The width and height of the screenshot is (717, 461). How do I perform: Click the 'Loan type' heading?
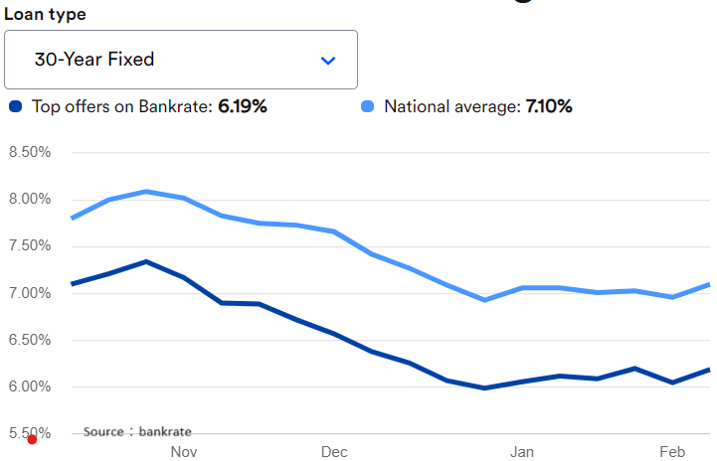(x=45, y=14)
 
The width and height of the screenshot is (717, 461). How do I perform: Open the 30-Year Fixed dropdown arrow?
(x=328, y=61)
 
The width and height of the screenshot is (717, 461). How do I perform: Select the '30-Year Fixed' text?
(x=94, y=60)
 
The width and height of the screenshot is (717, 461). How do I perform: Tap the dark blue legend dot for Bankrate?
(x=15, y=106)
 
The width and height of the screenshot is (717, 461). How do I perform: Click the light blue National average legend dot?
(x=367, y=106)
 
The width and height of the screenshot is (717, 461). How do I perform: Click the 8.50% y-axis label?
(x=30, y=152)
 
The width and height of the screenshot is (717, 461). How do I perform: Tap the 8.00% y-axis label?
(x=30, y=199)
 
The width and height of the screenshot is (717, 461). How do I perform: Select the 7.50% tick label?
(x=30, y=246)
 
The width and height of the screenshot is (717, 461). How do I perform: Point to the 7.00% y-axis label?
(x=30, y=293)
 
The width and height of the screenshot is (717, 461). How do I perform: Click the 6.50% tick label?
(x=30, y=340)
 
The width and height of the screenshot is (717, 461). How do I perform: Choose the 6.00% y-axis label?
(x=30, y=386)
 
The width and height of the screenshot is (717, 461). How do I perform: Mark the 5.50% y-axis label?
(x=30, y=433)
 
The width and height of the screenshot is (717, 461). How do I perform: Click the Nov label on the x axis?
(x=183, y=452)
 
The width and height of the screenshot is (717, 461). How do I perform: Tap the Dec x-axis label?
(x=333, y=452)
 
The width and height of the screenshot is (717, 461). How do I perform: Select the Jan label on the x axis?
(x=522, y=452)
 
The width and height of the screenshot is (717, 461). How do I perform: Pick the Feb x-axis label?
(x=672, y=452)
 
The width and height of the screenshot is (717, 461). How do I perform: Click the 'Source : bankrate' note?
(x=137, y=431)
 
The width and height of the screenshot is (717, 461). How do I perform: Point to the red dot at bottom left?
(x=32, y=439)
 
